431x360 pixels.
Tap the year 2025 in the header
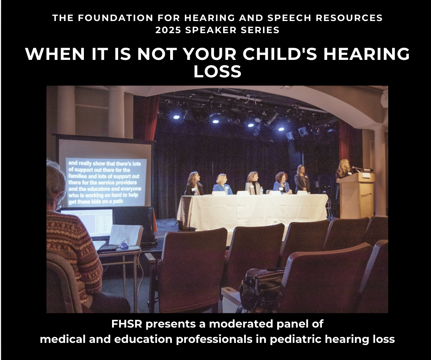pos(168,30)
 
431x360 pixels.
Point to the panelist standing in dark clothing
pos(302,178)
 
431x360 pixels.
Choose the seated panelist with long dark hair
pos(194,184)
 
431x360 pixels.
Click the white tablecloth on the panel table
pos(253,210)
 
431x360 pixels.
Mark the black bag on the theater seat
pos(262,285)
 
